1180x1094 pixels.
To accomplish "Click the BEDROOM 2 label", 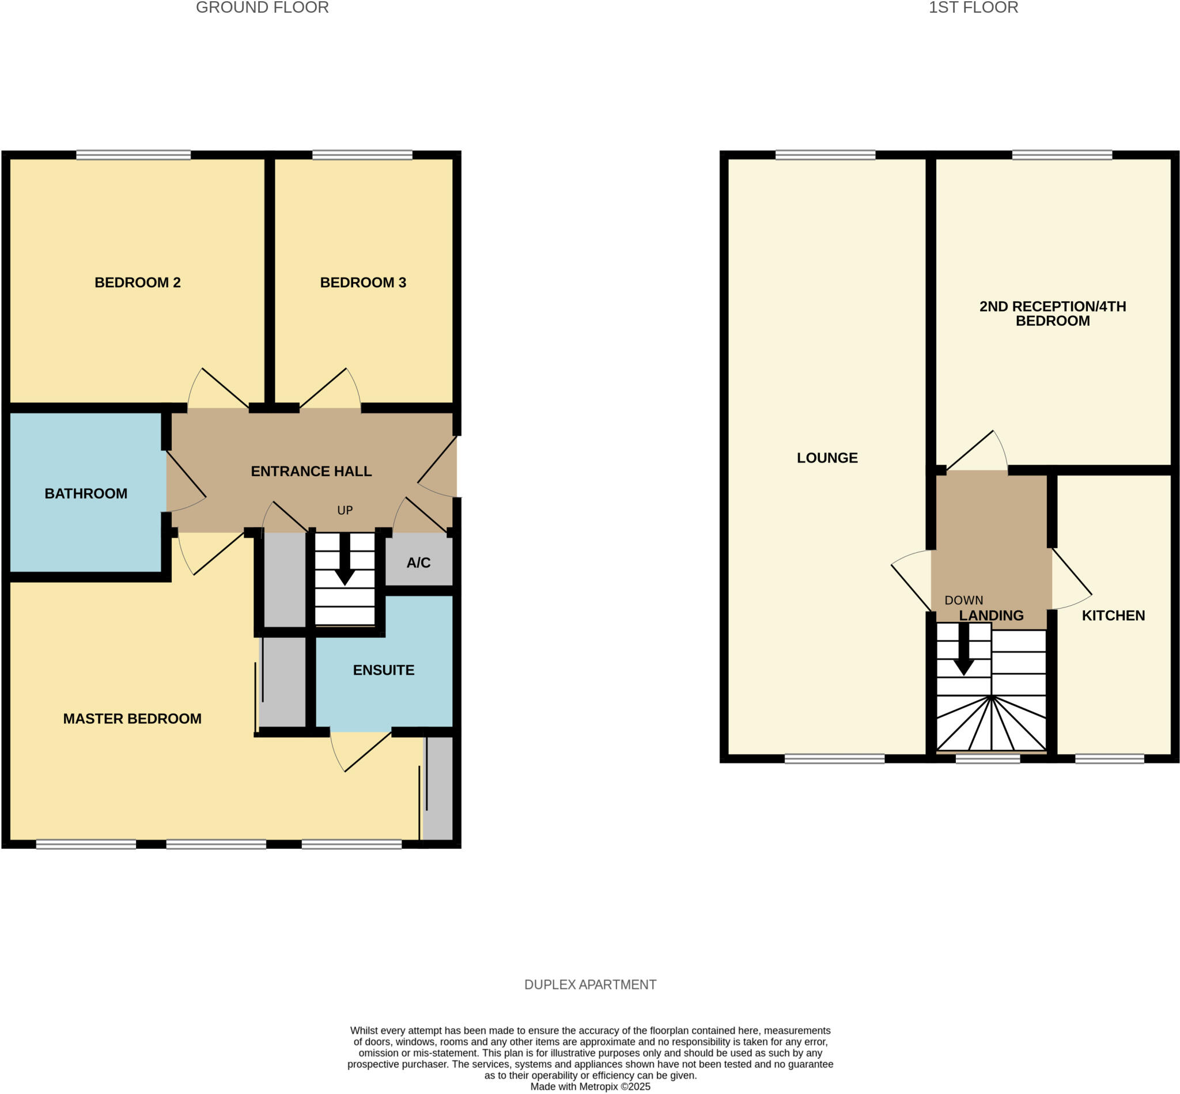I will click(x=138, y=282).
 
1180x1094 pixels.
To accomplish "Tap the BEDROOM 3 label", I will click(x=362, y=282).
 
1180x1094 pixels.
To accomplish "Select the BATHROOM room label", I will click(x=86, y=493).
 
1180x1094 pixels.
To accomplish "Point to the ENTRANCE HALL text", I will click(x=311, y=471).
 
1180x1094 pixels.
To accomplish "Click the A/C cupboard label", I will click(x=418, y=563).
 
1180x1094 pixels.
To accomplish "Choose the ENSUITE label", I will click(x=383, y=670).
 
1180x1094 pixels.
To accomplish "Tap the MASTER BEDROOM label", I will click(x=132, y=718).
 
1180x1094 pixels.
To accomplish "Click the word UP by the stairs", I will click(x=345, y=510).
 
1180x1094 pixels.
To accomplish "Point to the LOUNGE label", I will click(x=826, y=458).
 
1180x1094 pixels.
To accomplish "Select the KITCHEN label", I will click(x=1113, y=615).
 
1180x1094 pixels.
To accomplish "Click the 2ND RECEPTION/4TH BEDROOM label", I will click(x=1052, y=313).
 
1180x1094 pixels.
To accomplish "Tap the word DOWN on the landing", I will click(x=963, y=601).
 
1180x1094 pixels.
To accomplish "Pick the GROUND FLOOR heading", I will click(x=262, y=7).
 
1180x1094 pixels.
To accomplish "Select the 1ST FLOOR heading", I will click(x=973, y=7).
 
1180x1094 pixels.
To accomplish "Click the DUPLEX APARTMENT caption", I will click(x=590, y=985).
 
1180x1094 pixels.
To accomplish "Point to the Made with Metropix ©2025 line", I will click(x=590, y=1087).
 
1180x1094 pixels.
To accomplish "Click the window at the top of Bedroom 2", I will click(x=133, y=155).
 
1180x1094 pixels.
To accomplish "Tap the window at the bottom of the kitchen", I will click(x=1109, y=758).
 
